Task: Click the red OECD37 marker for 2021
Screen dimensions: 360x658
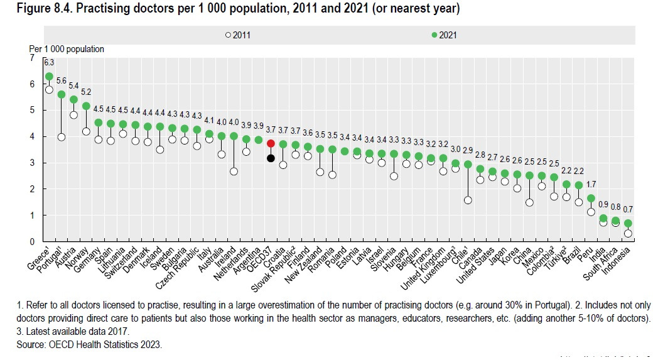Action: point(271,143)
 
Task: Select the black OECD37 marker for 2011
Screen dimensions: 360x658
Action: point(271,158)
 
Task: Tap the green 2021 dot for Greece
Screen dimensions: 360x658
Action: point(49,77)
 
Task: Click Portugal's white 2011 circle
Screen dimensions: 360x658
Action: point(62,136)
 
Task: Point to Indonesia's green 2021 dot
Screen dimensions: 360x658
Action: point(628,223)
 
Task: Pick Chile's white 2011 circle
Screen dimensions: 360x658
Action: point(468,200)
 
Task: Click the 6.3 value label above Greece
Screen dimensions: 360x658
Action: point(49,62)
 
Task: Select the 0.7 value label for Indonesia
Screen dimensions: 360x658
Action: point(628,209)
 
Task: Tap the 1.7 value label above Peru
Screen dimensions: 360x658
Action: point(591,185)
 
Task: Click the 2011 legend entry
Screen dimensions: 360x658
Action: point(239,35)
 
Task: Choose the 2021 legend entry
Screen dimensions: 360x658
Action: point(443,35)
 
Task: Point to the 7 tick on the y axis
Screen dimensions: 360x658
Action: point(32,58)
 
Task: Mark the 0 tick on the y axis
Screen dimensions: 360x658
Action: point(32,242)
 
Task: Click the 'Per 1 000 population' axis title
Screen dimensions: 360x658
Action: point(67,48)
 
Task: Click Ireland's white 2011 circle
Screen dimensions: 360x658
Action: point(234,171)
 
